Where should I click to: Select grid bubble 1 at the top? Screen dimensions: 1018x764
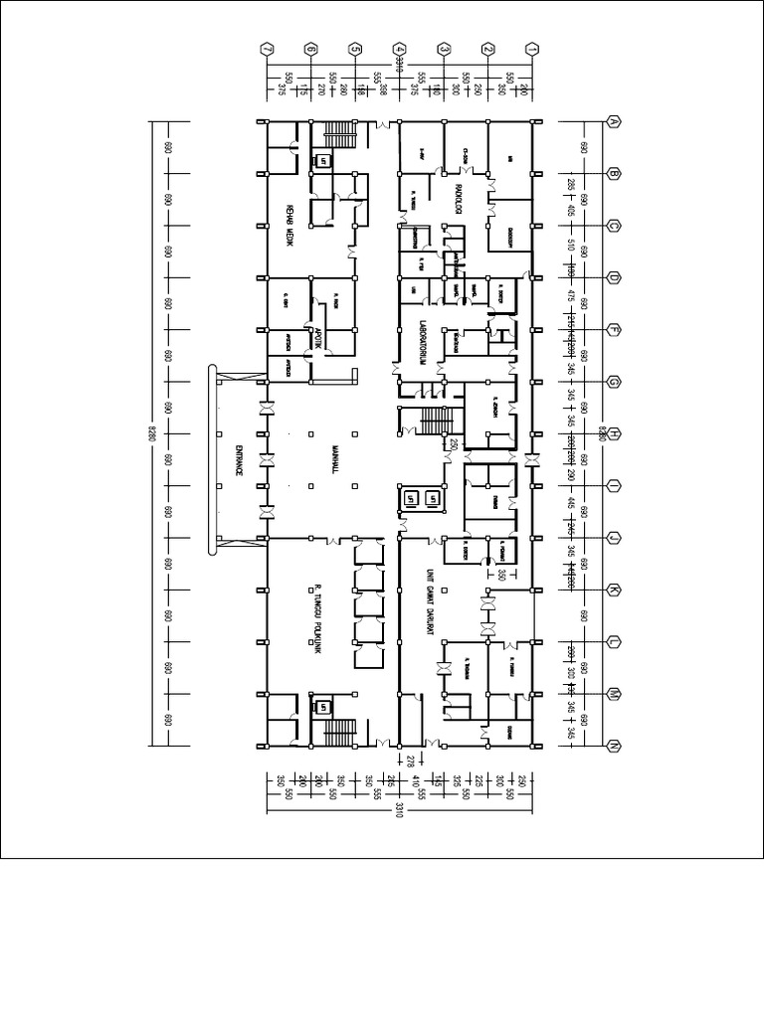tap(532, 48)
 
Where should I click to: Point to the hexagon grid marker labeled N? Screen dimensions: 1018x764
tap(615, 746)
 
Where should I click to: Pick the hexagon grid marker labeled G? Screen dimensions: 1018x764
tap(615, 382)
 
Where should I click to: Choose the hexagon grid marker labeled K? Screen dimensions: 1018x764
tap(615, 590)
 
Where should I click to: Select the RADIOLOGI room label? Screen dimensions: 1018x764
tap(460, 199)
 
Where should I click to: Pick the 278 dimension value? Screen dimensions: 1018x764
tap(409, 761)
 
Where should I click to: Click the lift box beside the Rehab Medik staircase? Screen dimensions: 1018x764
tap(322, 160)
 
